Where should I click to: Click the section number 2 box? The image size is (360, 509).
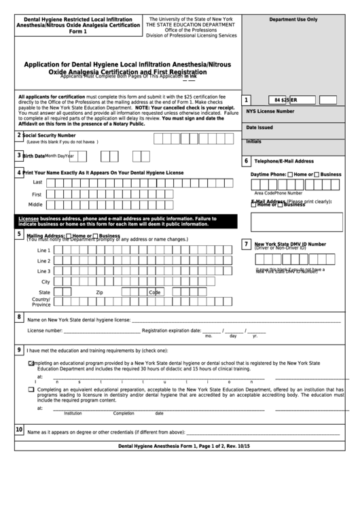point(18,135)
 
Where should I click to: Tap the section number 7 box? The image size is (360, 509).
point(247,244)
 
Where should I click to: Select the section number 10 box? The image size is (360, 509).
point(18,429)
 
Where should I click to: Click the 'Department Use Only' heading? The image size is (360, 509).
point(293,20)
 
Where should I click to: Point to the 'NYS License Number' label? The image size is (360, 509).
point(270,111)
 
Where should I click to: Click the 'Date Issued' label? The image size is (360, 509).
point(259,127)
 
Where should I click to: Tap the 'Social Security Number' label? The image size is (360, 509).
point(48,135)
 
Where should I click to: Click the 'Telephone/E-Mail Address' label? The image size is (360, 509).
point(283,161)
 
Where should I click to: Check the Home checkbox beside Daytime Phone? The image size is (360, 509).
point(291,175)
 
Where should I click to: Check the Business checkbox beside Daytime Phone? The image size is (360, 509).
point(317,175)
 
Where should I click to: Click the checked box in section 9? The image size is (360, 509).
point(31,364)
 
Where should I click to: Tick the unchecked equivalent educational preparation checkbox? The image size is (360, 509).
point(31,389)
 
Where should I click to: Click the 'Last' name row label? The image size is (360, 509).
point(37,182)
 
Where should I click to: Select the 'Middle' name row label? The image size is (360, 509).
point(35,204)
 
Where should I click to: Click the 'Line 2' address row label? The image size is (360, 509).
point(44,260)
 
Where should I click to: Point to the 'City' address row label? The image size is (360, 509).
point(46,281)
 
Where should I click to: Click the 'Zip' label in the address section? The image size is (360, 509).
point(99,292)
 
